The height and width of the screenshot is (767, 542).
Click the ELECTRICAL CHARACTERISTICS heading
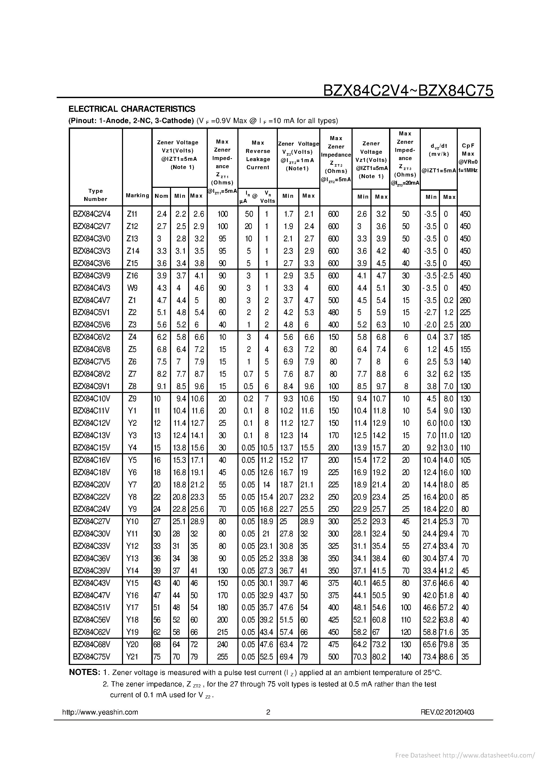coord(132,109)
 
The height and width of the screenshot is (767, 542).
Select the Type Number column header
coord(95,195)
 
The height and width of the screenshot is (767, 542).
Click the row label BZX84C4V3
coord(92,288)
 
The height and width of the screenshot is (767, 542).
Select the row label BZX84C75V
coord(92,657)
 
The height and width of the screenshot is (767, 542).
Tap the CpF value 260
coord(465,300)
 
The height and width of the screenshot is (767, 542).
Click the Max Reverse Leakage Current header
coord(258,155)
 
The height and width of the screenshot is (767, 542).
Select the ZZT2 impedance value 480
coord(333,312)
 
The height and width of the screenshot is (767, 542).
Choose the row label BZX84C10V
coord(92,398)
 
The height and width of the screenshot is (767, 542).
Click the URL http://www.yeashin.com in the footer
coord(100,712)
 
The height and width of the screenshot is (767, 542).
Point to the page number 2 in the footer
coord(268,712)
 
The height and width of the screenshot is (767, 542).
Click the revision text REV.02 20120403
coord(448,712)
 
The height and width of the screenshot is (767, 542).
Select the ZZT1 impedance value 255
coord(222,657)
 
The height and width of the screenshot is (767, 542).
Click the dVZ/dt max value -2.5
coord(447,276)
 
